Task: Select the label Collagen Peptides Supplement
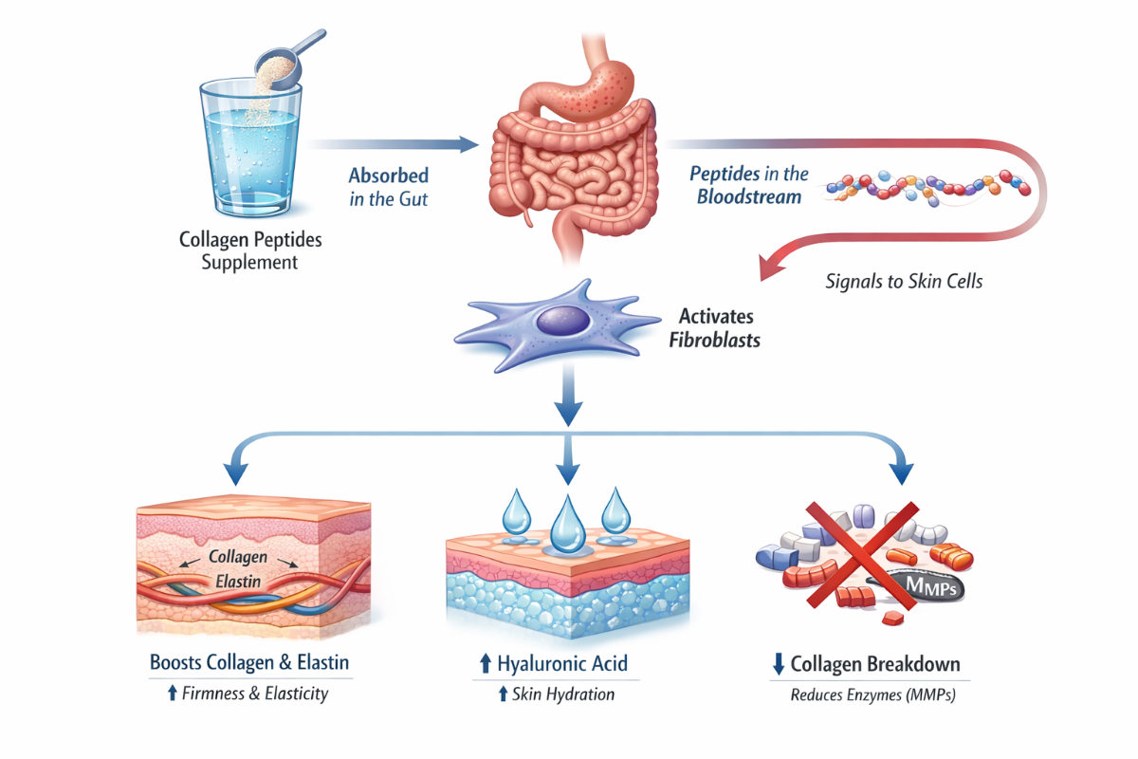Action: [x=249, y=250]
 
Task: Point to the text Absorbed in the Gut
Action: [x=388, y=186]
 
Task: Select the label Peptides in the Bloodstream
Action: [x=749, y=185]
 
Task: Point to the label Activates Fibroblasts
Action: [x=719, y=327]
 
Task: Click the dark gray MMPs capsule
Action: [x=925, y=587]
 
